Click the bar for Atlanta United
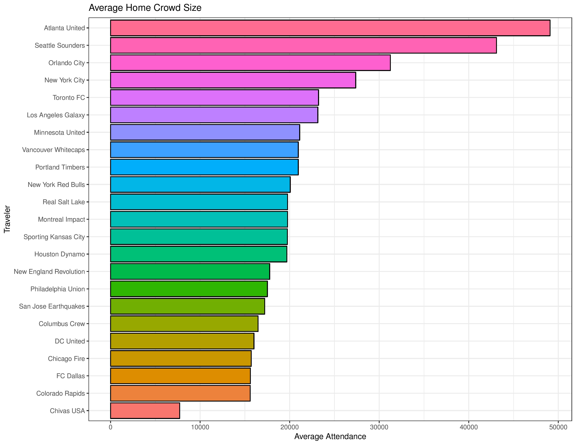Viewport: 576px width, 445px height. click(x=330, y=28)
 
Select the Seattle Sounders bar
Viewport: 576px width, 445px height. click(x=303, y=45)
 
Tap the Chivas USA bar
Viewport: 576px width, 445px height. click(x=145, y=410)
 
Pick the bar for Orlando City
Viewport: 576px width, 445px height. click(x=250, y=63)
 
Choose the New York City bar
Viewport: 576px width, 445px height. click(x=233, y=80)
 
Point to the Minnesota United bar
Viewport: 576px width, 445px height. click(x=205, y=132)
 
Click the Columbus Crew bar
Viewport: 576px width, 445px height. click(x=184, y=324)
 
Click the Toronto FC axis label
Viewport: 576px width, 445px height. click(x=69, y=98)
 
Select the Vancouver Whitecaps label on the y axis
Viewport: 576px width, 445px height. click(x=54, y=150)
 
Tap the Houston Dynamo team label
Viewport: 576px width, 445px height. click(x=60, y=254)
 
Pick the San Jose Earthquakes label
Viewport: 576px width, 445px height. click(x=52, y=306)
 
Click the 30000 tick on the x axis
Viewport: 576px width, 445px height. click(x=379, y=427)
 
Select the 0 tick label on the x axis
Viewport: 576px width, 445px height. click(x=110, y=427)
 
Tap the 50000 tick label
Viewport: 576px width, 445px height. click(x=558, y=427)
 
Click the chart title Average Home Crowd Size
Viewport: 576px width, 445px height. click(x=145, y=8)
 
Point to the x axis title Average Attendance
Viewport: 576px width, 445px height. click(x=330, y=437)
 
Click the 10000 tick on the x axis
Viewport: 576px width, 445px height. click(x=200, y=427)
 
